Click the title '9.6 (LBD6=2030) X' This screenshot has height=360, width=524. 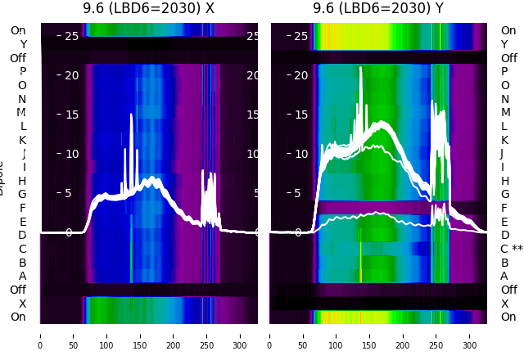(x=148, y=8)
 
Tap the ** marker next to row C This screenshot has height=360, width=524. (x=517, y=249)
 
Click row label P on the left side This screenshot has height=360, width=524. (x=22, y=72)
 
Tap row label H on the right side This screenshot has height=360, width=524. (x=504, y=181)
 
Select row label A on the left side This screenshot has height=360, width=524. (x=22, y=277)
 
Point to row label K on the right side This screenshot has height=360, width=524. (x=504, y=140)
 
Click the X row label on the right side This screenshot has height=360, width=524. (x=504, y=304)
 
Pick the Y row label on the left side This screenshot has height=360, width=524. (x=23, y=45)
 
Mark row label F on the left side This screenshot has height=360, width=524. (x=23, y=208)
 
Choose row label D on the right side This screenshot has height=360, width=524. (x=504, y=236)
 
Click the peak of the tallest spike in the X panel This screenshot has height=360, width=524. (x=131, y=115)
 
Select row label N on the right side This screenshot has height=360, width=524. (x=504, y=99)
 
